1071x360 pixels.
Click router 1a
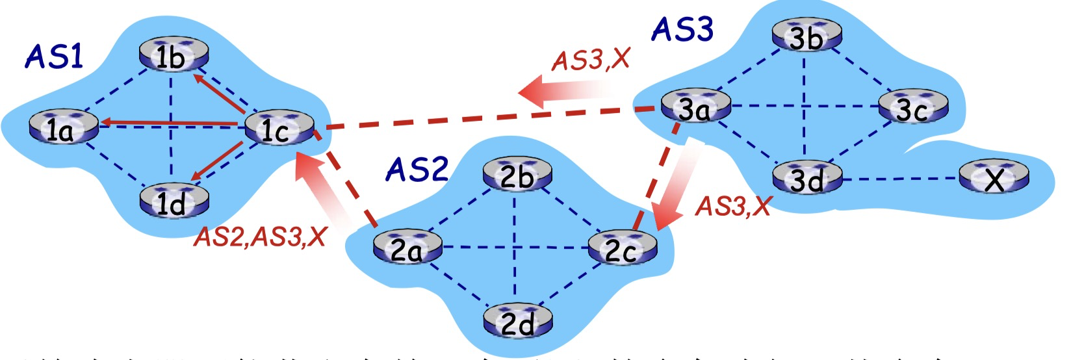pos(63,128)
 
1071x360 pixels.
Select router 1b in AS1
pos(174,55)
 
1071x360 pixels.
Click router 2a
pos(407,248)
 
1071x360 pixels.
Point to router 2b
pos(517,174)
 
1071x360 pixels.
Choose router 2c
pos(623,248)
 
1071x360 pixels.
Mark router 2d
pos(517,321)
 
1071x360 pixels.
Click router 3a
pos(695,107)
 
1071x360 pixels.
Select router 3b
pos(806,36)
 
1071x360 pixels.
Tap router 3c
pos(912,107)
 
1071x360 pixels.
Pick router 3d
pos(806,177)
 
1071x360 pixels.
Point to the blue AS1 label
pos(55,57)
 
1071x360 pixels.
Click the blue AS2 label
pos(417,170)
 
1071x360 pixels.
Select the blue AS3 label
pos(682,29)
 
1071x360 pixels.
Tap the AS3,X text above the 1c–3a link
pos(591,60)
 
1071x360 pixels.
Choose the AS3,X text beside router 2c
pos(733,207)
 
